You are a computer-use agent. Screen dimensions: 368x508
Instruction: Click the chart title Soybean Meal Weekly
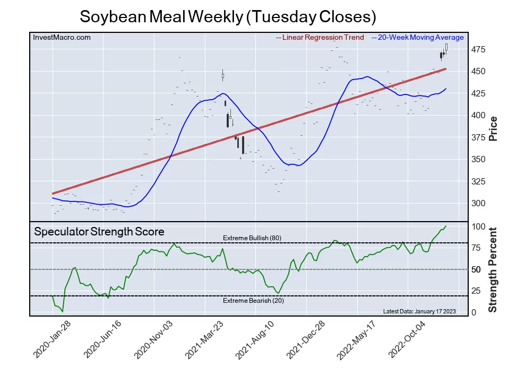[x=228, y=16]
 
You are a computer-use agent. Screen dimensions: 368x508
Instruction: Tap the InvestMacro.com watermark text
[x=62, y=38]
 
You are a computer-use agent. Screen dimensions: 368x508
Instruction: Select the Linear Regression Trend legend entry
[x=320, y=38]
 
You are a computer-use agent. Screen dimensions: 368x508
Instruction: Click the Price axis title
[x=493, y=128]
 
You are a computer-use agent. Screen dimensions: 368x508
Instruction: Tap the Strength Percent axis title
[x=493, y=269]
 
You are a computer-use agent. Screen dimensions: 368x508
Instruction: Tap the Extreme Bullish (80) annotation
[x=252, y=238]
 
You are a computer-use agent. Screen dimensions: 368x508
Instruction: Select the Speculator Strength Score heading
[x=99, y=232]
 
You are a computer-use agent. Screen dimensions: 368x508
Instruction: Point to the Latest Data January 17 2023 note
[x=419, y=311]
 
